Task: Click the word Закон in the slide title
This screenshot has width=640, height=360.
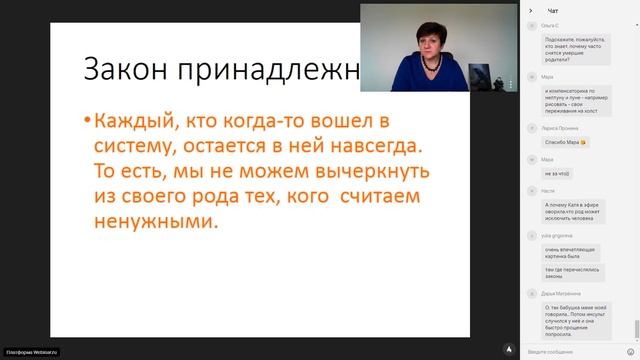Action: (118, 71)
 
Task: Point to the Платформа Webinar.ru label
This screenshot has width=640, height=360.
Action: (33, 352)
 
